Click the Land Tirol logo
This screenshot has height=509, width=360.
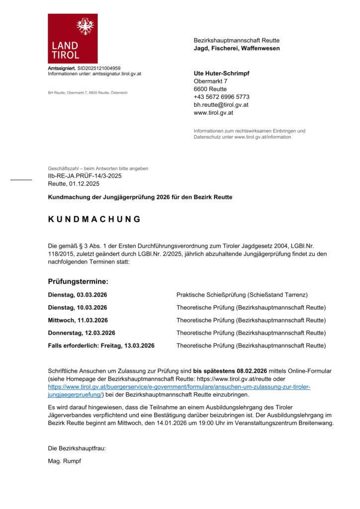click(x=73, y=39)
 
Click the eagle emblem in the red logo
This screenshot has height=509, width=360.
click(x=85, y=25)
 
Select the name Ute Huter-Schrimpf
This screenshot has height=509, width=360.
click(x=221, y=73)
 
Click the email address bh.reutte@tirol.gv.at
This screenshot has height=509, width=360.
click(x=221, y=105)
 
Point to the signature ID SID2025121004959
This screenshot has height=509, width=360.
click(x=99, y=68)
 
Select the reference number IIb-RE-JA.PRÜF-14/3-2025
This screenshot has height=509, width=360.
click(x=85, y=176)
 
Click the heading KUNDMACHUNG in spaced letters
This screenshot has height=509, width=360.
click(x=94, y=219)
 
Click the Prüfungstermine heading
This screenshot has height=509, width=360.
click(x=78, y=281)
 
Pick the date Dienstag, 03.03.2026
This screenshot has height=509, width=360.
click(x=78, y=295)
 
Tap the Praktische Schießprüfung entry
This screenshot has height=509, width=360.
click(x=242, y=295)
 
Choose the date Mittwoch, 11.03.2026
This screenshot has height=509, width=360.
click(x=78, y=320)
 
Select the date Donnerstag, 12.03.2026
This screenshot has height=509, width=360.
click(x=82, y=333)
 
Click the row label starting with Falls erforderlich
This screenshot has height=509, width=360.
click(x=101, y=345)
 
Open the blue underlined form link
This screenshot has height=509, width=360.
click(x=179, y=387)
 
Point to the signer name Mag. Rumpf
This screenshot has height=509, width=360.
click(x=64, y=461)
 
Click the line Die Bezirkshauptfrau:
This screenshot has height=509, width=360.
click(x=77, y=448)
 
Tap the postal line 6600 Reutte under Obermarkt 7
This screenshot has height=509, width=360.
click(x=210, y=89)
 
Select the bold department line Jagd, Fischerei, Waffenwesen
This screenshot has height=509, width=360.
click(x=236, y=48)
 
